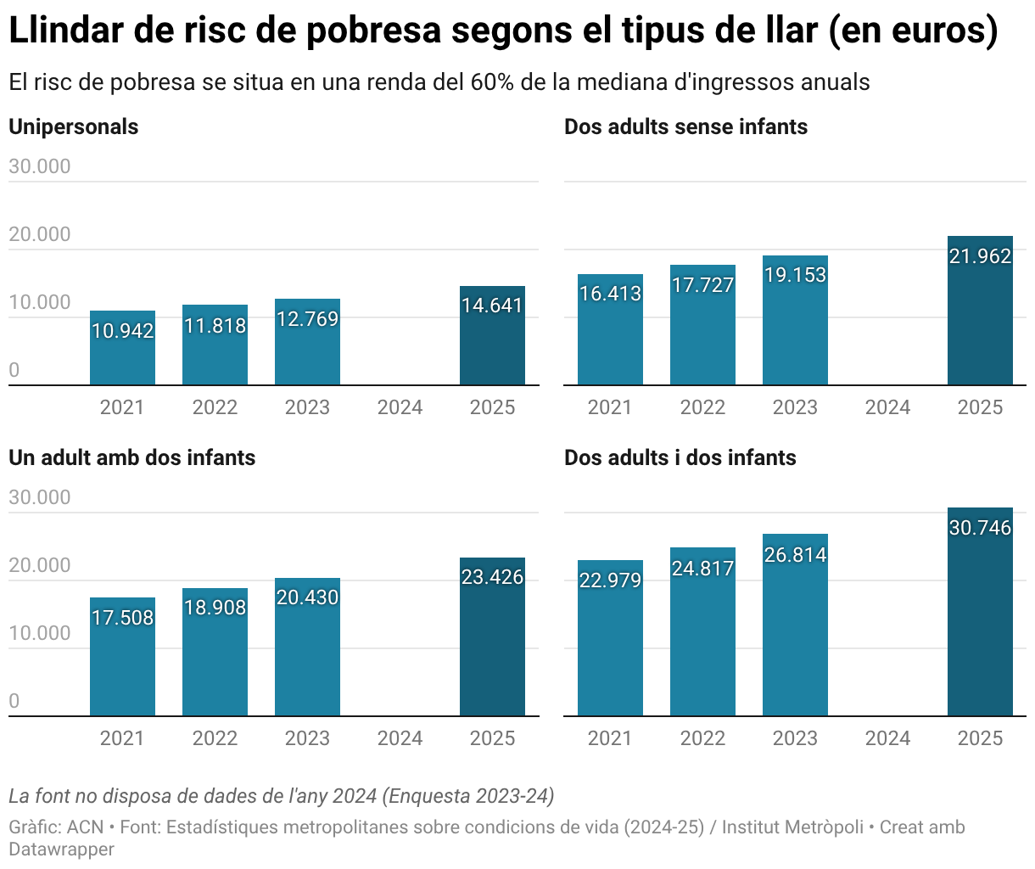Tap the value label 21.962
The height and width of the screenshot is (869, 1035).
tap(980, 256)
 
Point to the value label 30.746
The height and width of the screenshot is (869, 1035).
tap(980, 528)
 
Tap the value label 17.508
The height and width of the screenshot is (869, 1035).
tap(122, 618)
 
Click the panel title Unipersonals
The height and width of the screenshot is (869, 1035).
tap(73, 126)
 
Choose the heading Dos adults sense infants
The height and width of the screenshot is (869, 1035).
tap(685, 126)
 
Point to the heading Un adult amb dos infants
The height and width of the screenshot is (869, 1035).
tap(131, 457)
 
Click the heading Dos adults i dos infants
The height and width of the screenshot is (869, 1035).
tap(680, 457)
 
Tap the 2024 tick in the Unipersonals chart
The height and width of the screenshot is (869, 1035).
tap(400, 407)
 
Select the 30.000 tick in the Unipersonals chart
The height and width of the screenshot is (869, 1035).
tap(40, 166)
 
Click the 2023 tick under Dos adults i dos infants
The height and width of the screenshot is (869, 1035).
tap(795, 738)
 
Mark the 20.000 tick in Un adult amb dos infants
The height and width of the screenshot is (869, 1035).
tap(40, 565)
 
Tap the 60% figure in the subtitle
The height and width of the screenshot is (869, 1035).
tap(491, 82)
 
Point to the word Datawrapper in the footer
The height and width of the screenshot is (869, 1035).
tap(61, 849)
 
